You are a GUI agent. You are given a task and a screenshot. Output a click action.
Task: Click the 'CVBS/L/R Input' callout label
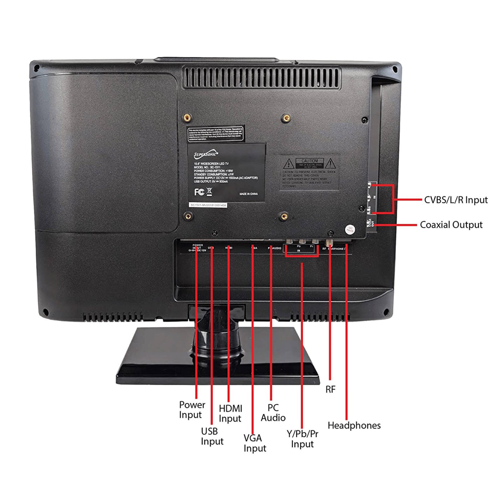tap(456, 200)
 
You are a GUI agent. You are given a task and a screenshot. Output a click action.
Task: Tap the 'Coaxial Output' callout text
tap(451, 225)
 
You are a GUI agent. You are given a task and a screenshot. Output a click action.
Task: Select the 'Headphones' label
tap(354, 425)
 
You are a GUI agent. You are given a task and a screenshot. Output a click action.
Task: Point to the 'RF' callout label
tap(330, 389)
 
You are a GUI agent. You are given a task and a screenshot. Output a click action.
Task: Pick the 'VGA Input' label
tap(255, 443)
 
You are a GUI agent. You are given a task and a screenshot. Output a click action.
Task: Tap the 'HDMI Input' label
tap(230, 413)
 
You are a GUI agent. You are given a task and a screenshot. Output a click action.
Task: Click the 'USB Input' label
tap(212, 436)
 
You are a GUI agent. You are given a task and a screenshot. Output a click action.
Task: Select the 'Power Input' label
tap(192, 410)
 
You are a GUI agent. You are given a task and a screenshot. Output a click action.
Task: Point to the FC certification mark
tap(199, 192)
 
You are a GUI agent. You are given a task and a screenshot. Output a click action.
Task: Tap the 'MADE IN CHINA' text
tap(248, 194)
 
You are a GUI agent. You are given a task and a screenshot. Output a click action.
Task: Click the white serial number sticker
tap(208, 205)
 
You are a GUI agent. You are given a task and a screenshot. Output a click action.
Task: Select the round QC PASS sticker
tap(350, 229)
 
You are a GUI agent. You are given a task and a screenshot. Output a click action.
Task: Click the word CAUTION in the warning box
tap(310, 161)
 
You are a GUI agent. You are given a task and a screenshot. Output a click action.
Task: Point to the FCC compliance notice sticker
tap(215, 134)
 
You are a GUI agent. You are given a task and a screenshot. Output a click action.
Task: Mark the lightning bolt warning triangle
tap(289, 163)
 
